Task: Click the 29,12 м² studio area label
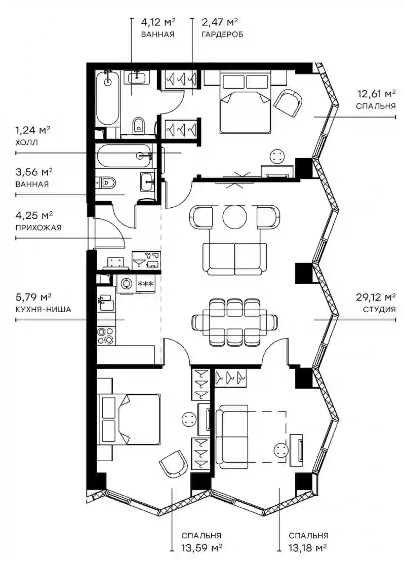[376, 297]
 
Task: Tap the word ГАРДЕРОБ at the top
[222, 34]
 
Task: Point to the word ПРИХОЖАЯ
[38, 228]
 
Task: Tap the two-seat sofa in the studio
[234, 258]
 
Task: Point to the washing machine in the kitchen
[126, 284]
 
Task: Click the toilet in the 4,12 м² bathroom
[138, 126]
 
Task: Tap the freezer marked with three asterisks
[145, 284]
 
